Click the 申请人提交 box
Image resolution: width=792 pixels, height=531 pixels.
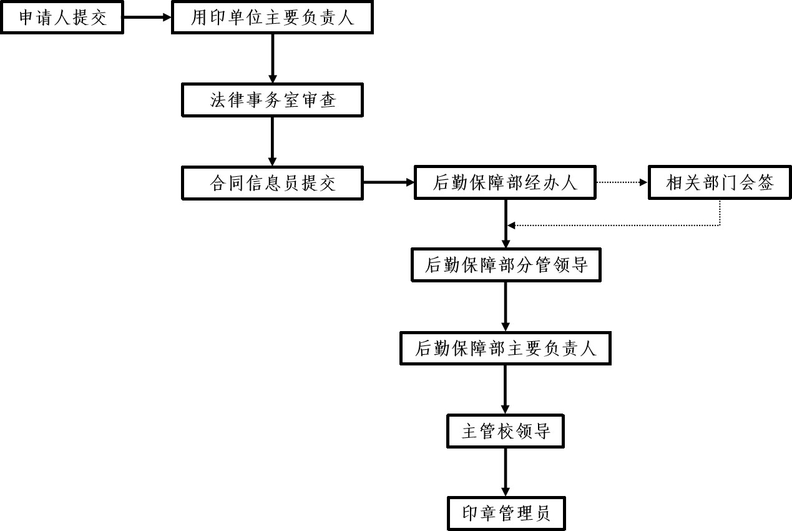click(x=62, y=17)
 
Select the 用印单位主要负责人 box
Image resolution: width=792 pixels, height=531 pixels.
click(x=272, y=17)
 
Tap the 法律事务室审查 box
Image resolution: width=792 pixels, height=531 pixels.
click(x=272, y=100)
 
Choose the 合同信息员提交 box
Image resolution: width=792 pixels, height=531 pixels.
click(x=272, y=183)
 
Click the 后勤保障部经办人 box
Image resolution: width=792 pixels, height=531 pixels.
click(x=506, y=182)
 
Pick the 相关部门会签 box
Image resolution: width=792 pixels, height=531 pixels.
click(x=720, y=182)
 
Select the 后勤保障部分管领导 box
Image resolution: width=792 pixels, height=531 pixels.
click(x=506, y=265)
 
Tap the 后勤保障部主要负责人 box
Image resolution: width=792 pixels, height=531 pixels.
click(x=506, y=349)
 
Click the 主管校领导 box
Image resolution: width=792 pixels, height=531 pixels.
click(x=506, y=431)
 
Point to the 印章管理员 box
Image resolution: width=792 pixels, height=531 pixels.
click(x=506, y=514)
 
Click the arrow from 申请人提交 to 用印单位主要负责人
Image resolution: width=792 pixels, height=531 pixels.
click(x=146, y=17)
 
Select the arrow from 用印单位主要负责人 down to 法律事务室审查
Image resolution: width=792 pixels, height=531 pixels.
click(x=272, y=59)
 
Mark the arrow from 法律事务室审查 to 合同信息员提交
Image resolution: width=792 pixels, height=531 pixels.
click(x=272, y=141)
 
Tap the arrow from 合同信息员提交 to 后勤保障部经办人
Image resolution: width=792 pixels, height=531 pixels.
click(x=389, y=182)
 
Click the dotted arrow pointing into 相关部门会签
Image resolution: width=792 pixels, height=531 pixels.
click(x=622, y=182)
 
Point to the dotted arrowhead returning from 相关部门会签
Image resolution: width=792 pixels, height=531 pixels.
click(x=511, y=225)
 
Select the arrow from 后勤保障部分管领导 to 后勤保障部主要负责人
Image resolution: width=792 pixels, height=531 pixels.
click(x=506, y=307)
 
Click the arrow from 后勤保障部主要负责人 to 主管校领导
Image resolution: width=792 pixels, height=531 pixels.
click(x=506, y=389)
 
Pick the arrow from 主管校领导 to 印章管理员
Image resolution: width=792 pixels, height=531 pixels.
click(x=506, y=472)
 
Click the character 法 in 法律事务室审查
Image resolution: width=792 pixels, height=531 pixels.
click(x=218, y=100)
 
